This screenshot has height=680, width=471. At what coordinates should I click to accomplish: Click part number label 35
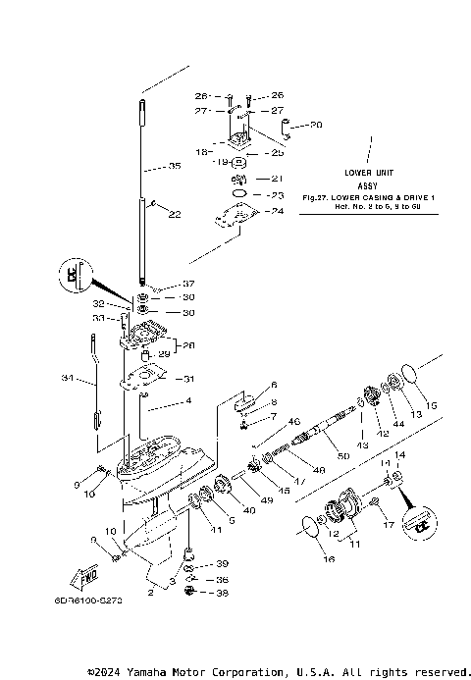pos(175,167)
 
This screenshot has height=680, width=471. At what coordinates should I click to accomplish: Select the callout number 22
pos(175,215)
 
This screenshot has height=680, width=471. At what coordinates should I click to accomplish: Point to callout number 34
pos(67,378)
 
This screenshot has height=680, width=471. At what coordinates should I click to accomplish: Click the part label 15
pos(432,405)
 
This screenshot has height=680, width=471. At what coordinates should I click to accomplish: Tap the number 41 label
pos(216,530)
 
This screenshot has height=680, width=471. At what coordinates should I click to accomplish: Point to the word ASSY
pos(367,184)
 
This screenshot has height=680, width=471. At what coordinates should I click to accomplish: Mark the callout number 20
pos(316,125)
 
